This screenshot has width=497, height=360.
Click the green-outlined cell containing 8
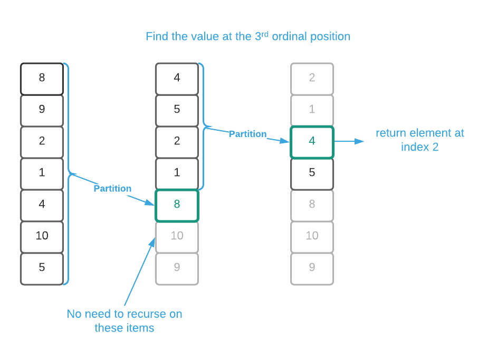(x=177, y=205)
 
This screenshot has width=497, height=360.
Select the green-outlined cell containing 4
(x=312, y=141)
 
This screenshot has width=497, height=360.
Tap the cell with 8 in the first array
(x=42, y=78)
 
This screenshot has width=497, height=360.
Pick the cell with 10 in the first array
(x=42, y=236)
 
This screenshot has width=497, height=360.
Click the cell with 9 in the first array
(x=42, y=110)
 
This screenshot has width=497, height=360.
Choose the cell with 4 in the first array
(x=42, y=205)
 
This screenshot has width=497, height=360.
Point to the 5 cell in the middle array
(x=177, y=110)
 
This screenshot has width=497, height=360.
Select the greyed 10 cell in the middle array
(x=177, y=236)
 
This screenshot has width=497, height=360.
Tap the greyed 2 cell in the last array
(x=312, y=78)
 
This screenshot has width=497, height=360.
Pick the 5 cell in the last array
(x=312, y=173)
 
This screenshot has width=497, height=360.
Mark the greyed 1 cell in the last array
(x=312, y=110)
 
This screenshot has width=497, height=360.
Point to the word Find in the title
(x=157, y=37)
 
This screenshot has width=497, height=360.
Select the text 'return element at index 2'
(x=419, y=140)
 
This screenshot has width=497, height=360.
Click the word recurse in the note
(x=144, y=314)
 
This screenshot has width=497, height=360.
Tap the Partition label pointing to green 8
(x=112, y=188)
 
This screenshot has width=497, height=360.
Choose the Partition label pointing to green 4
(x=247, y=134)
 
